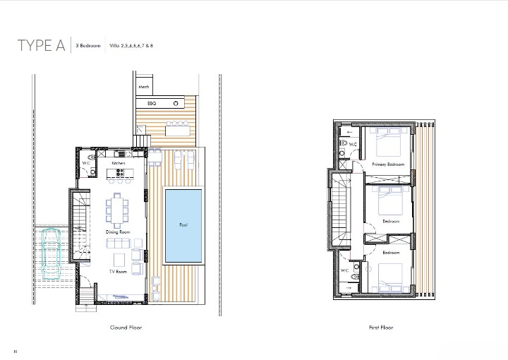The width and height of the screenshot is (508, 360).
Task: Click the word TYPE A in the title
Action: pos(42,47)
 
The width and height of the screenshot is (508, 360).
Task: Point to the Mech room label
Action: pos(144,88)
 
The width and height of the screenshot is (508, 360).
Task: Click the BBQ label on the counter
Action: pos(151,103)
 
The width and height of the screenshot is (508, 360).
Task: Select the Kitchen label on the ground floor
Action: pos(119,163)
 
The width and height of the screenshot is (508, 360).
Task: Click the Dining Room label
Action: pos(118,232)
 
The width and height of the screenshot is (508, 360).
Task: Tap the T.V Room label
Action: pos(118,272)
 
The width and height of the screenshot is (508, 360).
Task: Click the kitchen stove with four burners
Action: pos(119,172)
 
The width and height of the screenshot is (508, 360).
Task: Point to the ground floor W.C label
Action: pos(85,163)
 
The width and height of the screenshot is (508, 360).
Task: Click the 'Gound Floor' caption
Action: pos(126,328)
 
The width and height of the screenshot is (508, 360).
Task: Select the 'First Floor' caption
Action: pos(381,328)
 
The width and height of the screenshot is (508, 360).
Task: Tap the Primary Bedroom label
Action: pos(388,164)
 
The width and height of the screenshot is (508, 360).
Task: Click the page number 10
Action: pos(15,351)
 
